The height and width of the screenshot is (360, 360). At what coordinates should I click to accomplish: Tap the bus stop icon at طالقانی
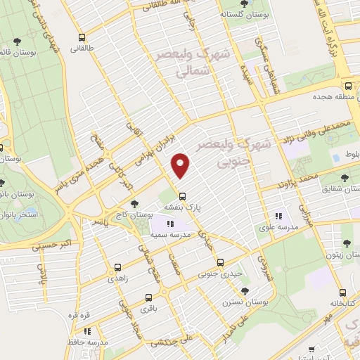(82, 37)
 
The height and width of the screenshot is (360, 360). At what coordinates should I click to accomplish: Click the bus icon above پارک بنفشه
(182, 195)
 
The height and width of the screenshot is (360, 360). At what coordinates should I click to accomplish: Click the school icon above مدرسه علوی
(279, 216)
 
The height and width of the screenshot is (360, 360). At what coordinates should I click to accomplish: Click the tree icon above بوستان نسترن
(245, 290)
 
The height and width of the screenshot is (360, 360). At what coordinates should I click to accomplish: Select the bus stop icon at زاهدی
(117, 267)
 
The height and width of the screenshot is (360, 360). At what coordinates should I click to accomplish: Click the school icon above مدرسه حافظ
(87, 330)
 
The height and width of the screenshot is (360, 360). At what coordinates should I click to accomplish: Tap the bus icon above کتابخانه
(342, 293)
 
